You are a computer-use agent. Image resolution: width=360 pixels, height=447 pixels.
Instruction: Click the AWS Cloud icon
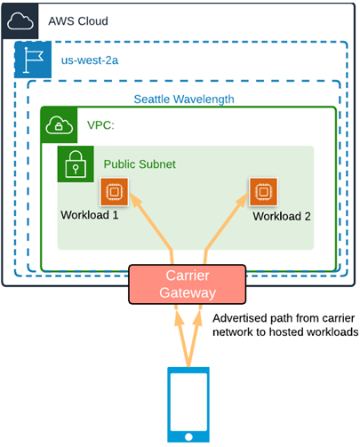pyautogui.click(x=20, y=21)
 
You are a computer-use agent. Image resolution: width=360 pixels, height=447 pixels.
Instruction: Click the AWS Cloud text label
pyautogui.click(x=78, y=21)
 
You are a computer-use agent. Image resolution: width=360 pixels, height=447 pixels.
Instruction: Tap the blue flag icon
pyautogui.click(x=33, y=60)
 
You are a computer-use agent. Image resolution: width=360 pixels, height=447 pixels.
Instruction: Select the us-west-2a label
pyautogui.click(x=90, y=60)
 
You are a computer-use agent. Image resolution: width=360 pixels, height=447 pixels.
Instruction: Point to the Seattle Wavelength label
pyautogui.click(x=184, y=100)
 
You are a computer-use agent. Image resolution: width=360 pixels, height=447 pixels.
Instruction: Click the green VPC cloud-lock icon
pyautogui.click(x=60, y=125)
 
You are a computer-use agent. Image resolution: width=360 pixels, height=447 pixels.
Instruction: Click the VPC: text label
pyautogui.click(x=100, y=125)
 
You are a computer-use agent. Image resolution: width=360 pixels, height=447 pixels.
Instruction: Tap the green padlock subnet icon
pyautogui.click(x=76, y=164)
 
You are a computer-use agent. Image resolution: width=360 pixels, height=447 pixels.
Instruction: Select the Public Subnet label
pyautogui.click(x=140, y=164)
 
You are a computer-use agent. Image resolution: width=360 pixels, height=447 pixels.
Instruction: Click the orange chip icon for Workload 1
pyautogui.click(x=115, y=192)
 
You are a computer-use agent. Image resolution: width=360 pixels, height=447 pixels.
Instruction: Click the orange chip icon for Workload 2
pyautogui.click(x=263, y=192)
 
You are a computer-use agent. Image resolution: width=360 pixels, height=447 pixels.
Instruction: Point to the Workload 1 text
pyautogui.click(x=90, y=215)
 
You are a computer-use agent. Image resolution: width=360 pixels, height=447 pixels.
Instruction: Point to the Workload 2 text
pyautogui.click(x=282, y=216)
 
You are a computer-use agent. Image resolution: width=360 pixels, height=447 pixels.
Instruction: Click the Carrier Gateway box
pyautogui.click(x=188, y=284)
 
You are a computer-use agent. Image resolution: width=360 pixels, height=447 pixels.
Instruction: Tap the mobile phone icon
pyautogui.click(x=188, y=404)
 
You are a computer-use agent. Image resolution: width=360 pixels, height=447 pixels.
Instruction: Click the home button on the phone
pyautogui.click(x=188, y=436)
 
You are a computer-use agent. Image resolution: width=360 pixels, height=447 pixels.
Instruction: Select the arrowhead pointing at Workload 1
pyautogui.click(x=135, y=199)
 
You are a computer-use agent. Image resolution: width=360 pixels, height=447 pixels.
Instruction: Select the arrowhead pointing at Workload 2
pyautogui.click(x=243, y=199)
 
